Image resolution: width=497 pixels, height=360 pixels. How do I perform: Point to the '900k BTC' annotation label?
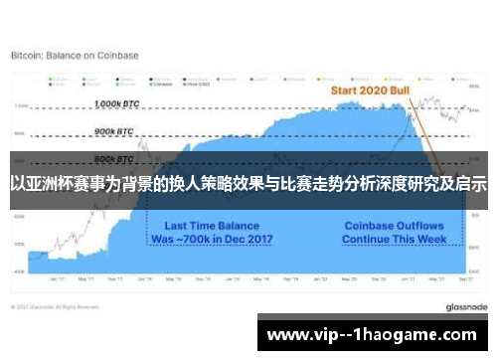pyautogui.click(x=115, y=130)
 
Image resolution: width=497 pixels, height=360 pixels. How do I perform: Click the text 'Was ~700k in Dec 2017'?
pyautogui.click(x=211, y=240)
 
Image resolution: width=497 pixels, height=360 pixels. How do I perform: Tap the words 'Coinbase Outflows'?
pyautogui.click(x=393, y=226)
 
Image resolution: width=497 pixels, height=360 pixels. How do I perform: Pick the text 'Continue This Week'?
pyautogui.click(x=393, y=240)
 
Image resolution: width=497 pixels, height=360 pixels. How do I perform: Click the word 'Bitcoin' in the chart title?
pyautogui.click(x=27, y=56)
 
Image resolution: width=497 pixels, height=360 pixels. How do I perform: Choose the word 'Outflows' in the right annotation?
pyautogui.click(x=419, y=226)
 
